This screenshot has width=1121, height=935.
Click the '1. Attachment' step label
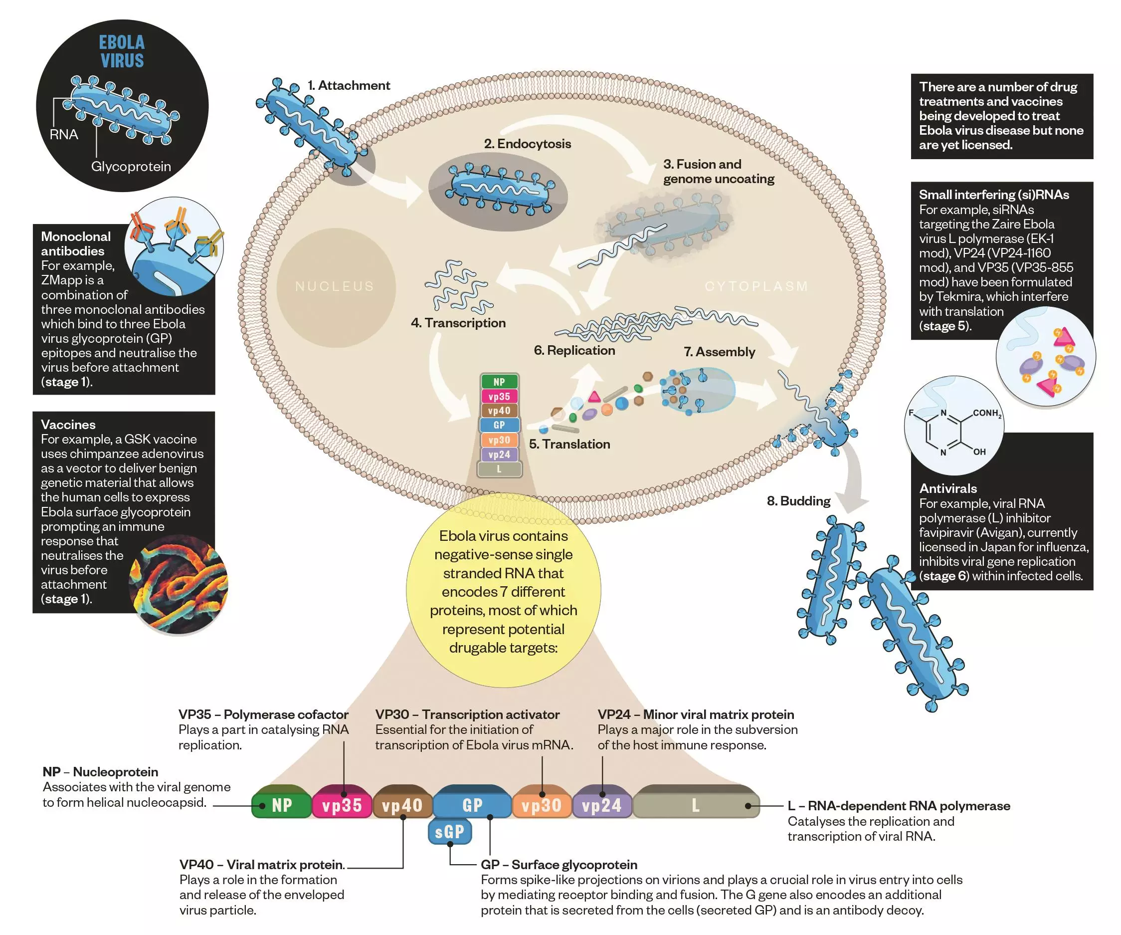point(349,85)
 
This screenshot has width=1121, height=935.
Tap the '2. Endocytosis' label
point(527,144)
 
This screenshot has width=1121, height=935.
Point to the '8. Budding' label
point(798,501)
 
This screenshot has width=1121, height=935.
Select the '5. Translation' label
point(569,444)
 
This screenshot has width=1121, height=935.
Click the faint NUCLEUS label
point(335,287)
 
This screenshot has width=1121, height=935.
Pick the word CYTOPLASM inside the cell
point(756,287)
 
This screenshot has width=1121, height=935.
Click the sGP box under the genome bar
point(449,831)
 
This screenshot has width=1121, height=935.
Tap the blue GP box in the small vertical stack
point(499,425)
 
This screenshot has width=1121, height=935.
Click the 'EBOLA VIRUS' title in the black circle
point(122,52)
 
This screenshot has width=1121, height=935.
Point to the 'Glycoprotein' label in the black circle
point(131,167)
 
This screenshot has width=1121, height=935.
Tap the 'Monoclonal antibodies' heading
point(76,243)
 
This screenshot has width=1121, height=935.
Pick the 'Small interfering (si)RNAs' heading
point(993,195)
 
